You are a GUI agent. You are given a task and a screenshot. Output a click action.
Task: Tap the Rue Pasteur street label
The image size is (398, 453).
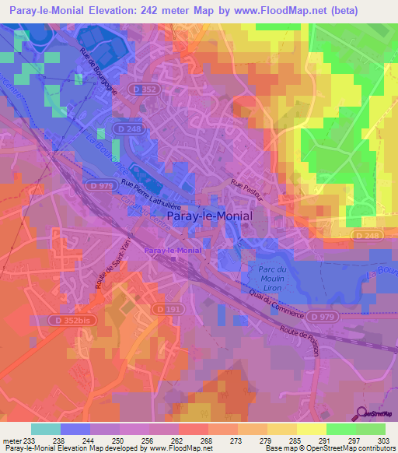pos(247,192)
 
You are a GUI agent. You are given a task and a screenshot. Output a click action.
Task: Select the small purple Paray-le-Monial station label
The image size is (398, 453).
pos(173,251)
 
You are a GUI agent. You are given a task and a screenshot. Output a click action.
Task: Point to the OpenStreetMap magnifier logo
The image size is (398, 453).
pos(361,413)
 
